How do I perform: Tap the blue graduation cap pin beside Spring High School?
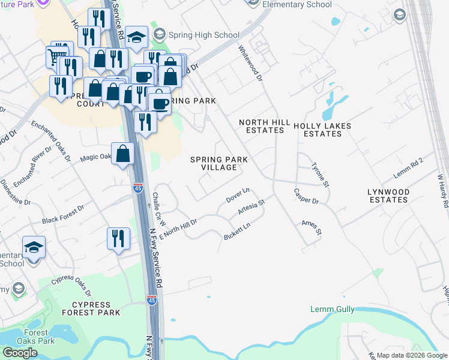137,37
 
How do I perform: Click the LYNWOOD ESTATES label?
388,196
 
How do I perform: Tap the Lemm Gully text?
329,310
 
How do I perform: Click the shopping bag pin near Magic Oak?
123,154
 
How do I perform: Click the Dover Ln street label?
238,196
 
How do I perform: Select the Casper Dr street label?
306,196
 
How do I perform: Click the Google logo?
20,353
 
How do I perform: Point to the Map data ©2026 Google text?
411,355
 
